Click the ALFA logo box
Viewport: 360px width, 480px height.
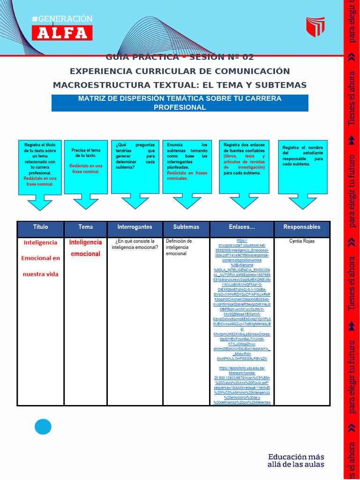[x=62, y=33]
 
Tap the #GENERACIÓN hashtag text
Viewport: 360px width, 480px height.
[x=62, y=19]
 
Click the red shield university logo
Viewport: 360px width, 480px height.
[x=315, y=27]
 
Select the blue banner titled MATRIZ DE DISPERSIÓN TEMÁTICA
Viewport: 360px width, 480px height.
[x=180, y=103]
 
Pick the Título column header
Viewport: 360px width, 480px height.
[x=40, y=227]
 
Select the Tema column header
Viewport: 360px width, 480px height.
[x=85, y=227]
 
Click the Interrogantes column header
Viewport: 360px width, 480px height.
[x=135, y=227]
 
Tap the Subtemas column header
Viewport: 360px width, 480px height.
[x=186, y=227]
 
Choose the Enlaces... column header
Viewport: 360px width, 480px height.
[x=242, y=227]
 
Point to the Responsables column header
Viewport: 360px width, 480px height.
[x=302, y=227]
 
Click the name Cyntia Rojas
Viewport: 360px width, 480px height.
[x=302, y=241]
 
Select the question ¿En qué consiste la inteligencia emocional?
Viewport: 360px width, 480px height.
[x=135, y=244]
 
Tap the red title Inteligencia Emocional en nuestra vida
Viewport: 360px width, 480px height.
[x=40, y=258]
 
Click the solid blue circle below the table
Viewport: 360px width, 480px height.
[x=43, y=426]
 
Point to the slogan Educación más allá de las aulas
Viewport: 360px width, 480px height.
[x=296, y=460]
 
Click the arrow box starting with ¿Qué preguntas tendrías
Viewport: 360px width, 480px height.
[x=135, y=167]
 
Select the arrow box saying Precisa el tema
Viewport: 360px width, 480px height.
[x=86, y=167]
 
